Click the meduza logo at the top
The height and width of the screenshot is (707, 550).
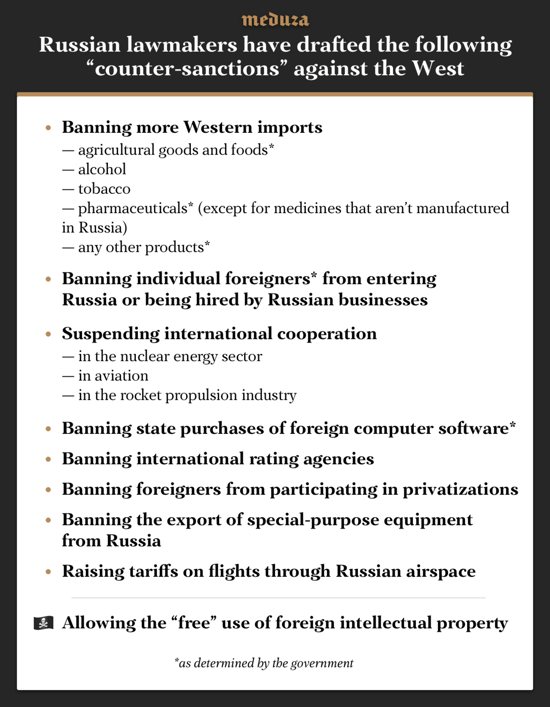pyautogui.click(x=275, y=20)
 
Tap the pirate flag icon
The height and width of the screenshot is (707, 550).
pyautogui.click(x=43, y=623)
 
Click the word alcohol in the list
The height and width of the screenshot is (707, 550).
pyautogui.click(x=102, y=169)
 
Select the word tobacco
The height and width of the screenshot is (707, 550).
pyautogui.click(x=104, y=189)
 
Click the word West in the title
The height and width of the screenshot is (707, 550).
pyautogui.click(x=438, y=68)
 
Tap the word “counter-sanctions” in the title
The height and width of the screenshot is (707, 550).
pyautogui.click(x=187, y=68)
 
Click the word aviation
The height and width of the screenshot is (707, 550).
pyautogui.click(x=121, y=375)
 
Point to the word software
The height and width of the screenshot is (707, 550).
pyautogui.click(x=473, y=428)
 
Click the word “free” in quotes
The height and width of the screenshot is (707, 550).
pyautogui.click(x=194, y=623)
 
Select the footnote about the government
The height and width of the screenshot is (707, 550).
pyautogui.click(x=264, y=663)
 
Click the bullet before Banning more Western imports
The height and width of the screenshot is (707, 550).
pyautogui.click(x=48, y=128)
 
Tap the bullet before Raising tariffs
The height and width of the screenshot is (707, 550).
pyautogui.click(x=48, y=572)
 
